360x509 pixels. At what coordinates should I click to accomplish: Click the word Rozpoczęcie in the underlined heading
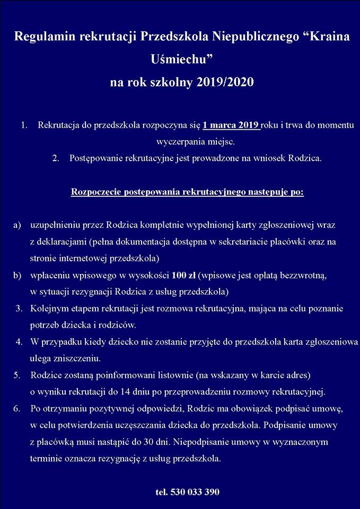click(x=95, y=191)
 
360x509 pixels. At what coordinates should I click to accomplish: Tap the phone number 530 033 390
click(x=195, y=492)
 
